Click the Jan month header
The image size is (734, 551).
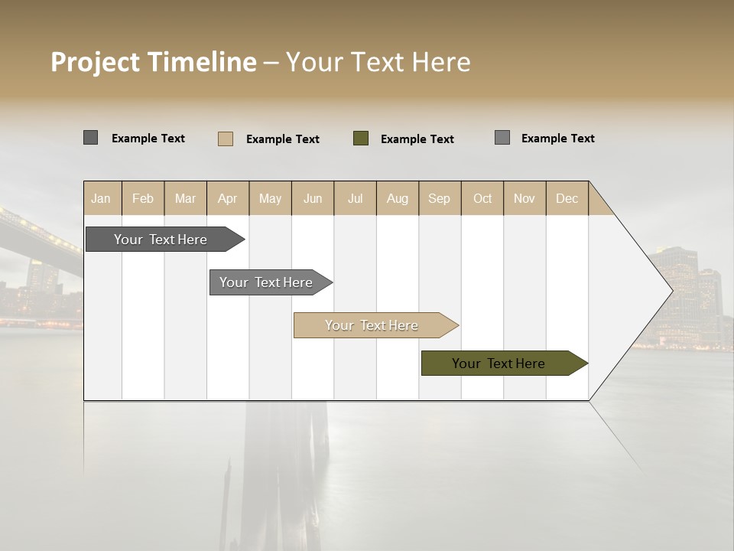(102, 198)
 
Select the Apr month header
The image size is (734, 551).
(228, 198)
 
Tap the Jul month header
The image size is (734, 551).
(355, 198)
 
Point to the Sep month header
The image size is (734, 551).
(440, 198)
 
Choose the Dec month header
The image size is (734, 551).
(567, 198)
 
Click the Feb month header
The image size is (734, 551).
(143, 198)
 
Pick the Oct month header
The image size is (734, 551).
(482, 198)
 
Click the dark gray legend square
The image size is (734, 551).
(91, 138)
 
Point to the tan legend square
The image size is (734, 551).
(226, 139)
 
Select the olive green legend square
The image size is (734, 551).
(361, 139)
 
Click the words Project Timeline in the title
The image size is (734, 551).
(154, 62)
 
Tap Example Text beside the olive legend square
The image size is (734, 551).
(417, 139)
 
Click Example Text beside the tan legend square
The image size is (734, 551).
(283, 139)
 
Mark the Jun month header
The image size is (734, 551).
(313, 198)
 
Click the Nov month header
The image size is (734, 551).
(525, 198)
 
